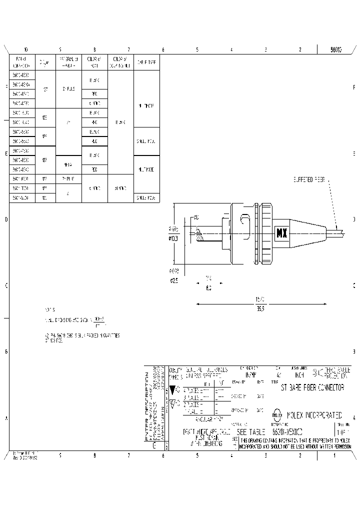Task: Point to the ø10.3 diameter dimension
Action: click(x=173, y=239)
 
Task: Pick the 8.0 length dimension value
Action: click(x=208, y=288)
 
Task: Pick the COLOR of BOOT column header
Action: click(x=94, y=62)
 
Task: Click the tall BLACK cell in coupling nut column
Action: click(x=120, y=121)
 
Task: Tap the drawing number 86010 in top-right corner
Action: click(x=336, y=49)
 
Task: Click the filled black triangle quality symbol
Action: click(x=173, y=389)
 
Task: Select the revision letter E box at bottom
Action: click(x=154, y=444)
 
